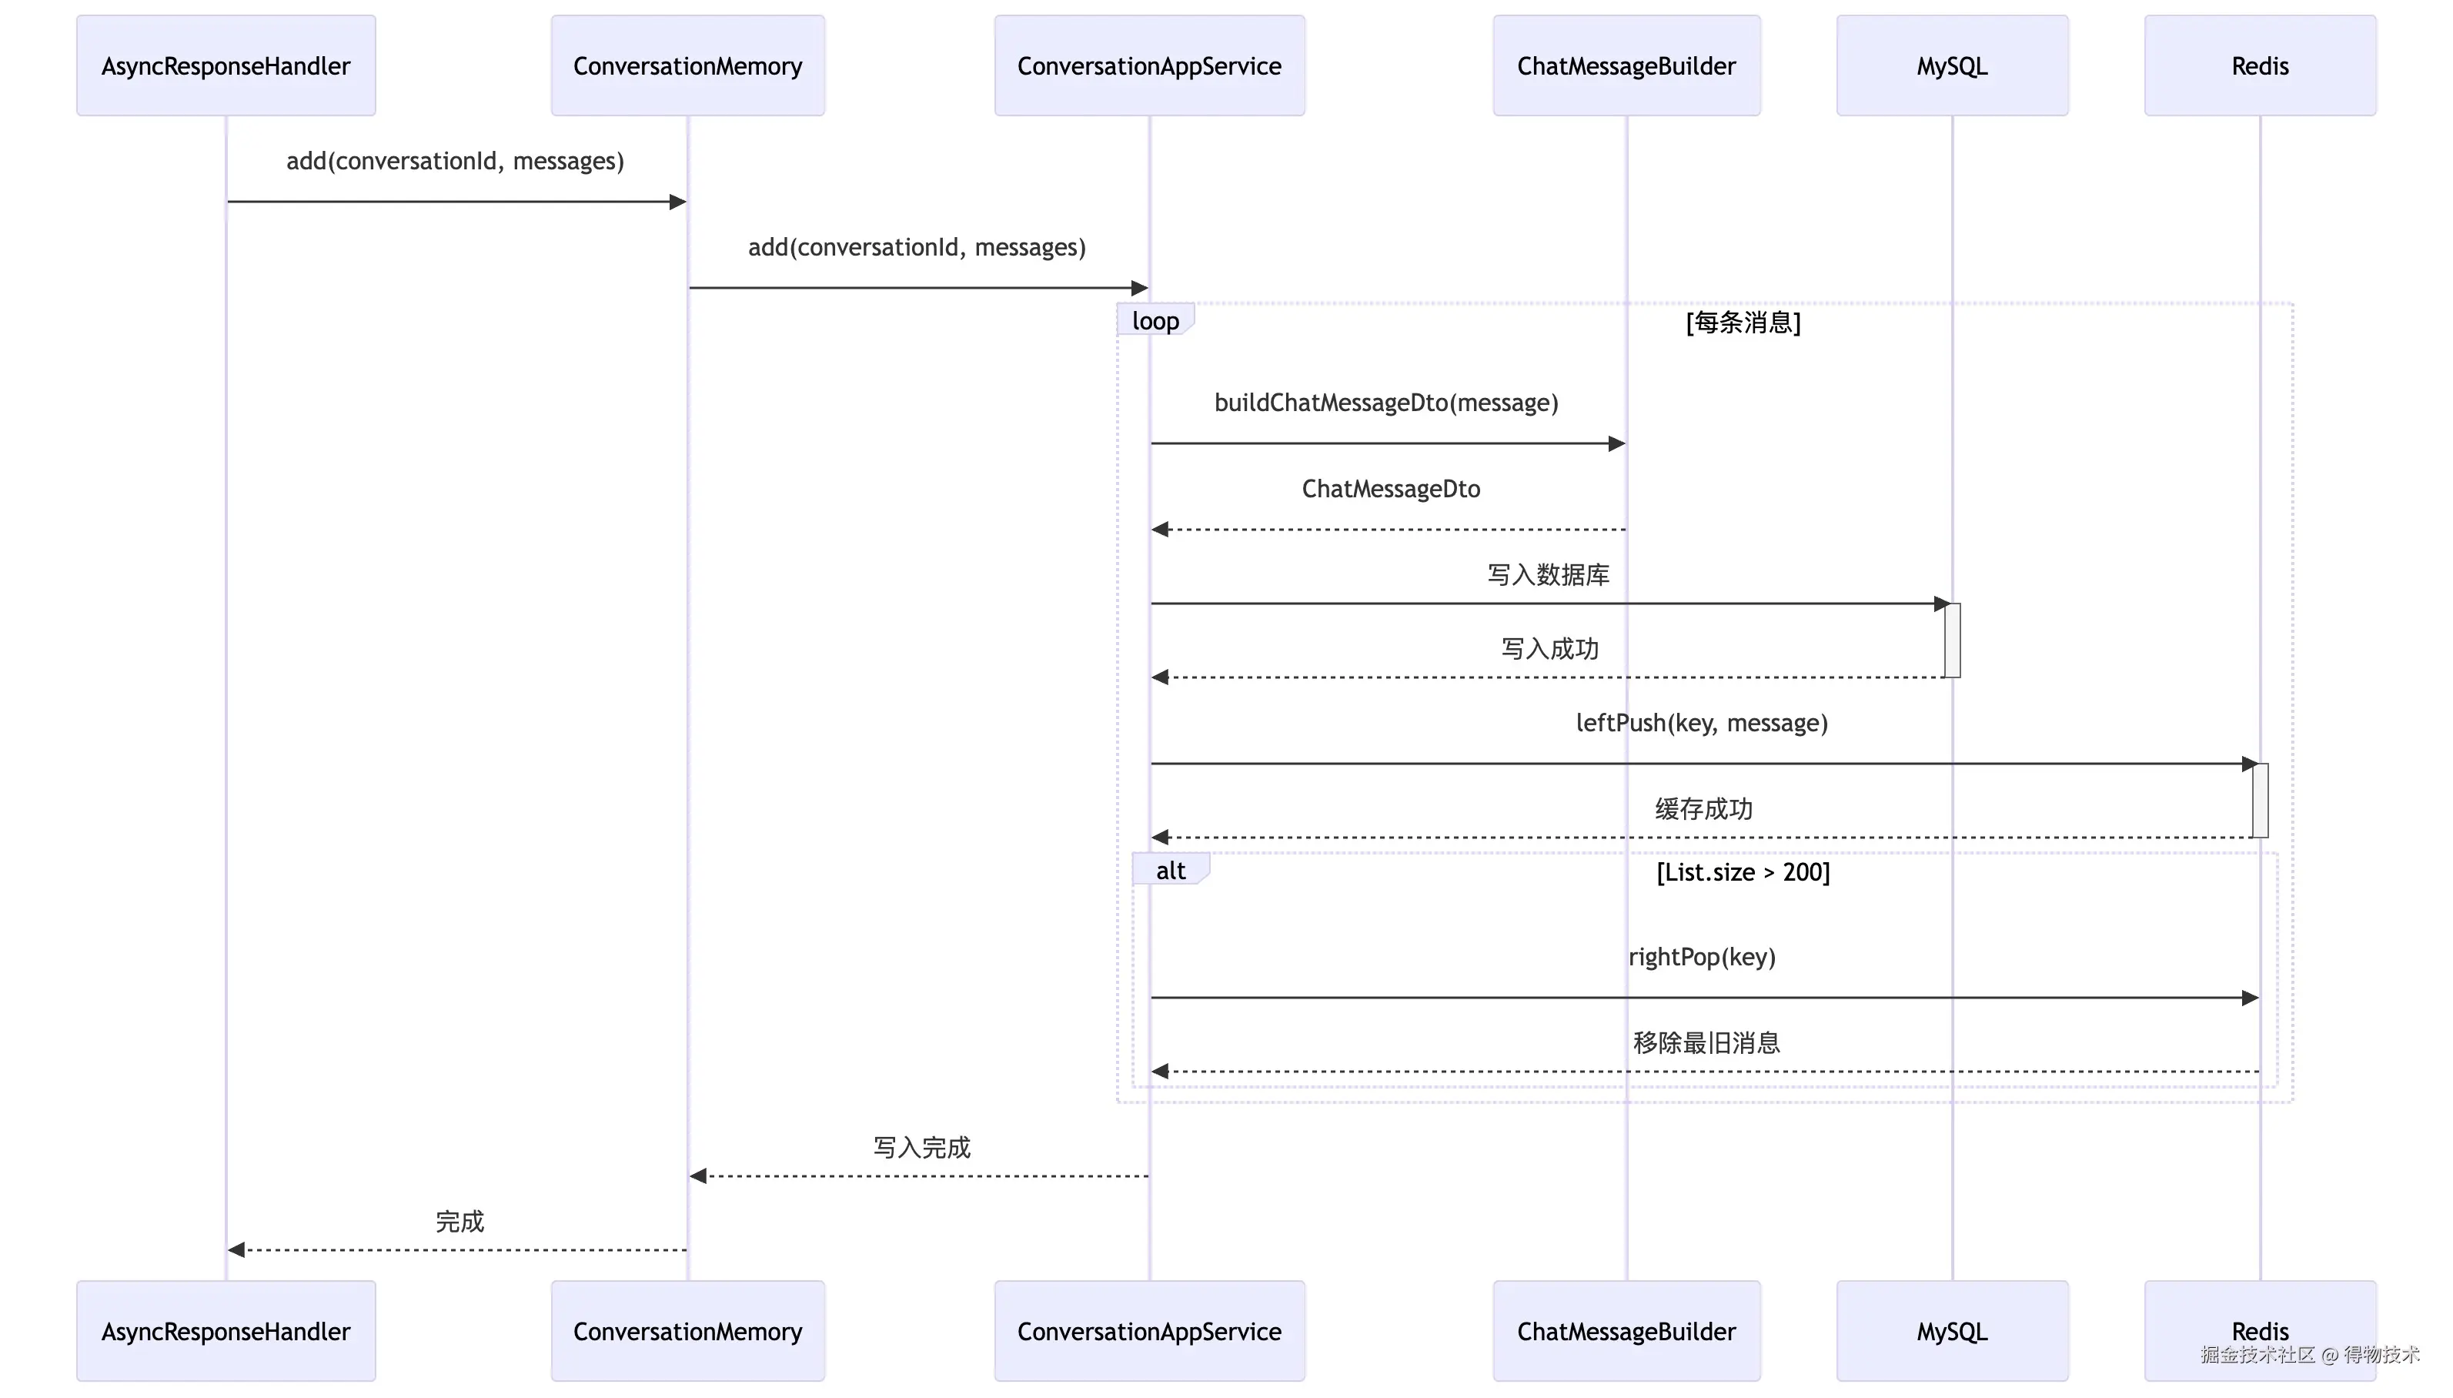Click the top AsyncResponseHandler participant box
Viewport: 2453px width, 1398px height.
pyautogui.click(x=226, y=65)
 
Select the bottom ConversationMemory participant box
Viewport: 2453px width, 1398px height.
pyautogui.click(x=687, y=1331)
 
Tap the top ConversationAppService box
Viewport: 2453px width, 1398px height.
pyautogui.click(x=1150, y=65)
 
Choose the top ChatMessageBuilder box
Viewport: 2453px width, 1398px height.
pyautogui.click(x=1626, y=65)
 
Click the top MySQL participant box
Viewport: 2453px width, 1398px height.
pyautogui.click(x=1952, y=65)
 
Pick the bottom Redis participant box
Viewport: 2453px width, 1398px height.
pyautogui.click(x=2260, y=1331)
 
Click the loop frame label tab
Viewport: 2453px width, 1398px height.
pyautogui.click(x=1155, y=319)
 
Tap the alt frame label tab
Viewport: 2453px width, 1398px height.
pyautogui.click(x=1171, y=869)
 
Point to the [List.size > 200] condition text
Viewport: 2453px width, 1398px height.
pyautogui.click(x=1743, y=872)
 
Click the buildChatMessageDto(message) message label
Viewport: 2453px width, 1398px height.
pyautogui.click(x=1385, y=403)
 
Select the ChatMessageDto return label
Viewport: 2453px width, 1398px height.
pyautogui.click(x=1391, y=489)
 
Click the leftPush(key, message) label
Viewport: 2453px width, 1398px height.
pyautogui.click(x=1702, y=723)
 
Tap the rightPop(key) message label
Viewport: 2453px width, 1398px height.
pyautogui.click(x=1703, y=958)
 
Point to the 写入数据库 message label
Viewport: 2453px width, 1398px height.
pyautogui.click(x=1548, y=575)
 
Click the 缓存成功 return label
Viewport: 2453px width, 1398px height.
pyautogui.click(x=1703, y=809)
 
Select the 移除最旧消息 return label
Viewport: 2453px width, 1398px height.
pyautogui.click(x=1706, y=1043)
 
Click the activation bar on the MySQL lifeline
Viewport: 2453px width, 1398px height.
pyautogui.click(x=1952, y=640)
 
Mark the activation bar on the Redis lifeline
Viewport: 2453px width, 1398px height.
pyautogui.click(x=2260, y=800)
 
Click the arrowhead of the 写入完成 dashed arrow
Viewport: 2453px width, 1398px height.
pyautogui.click(x=697, y=1176)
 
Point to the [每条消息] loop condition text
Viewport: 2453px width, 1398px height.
pyautogui.click(x=1743, y=323)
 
